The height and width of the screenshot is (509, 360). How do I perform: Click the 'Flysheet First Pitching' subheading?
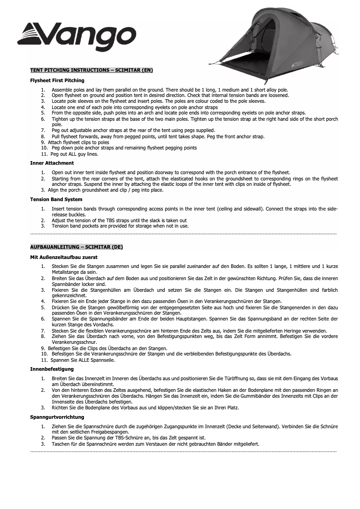coord(57,81)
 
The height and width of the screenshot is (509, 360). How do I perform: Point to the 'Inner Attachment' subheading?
coord(52,163)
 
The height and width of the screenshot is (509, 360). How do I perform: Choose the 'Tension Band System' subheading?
coord(56,199)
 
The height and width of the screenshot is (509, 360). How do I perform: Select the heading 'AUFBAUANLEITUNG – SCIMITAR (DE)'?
coord(76,247)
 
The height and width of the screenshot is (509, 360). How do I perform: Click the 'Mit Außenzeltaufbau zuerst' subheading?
coord(64,257)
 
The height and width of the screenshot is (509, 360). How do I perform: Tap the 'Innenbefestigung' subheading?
coord(52,369)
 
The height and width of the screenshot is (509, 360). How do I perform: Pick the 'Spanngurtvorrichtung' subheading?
coord(57,417)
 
